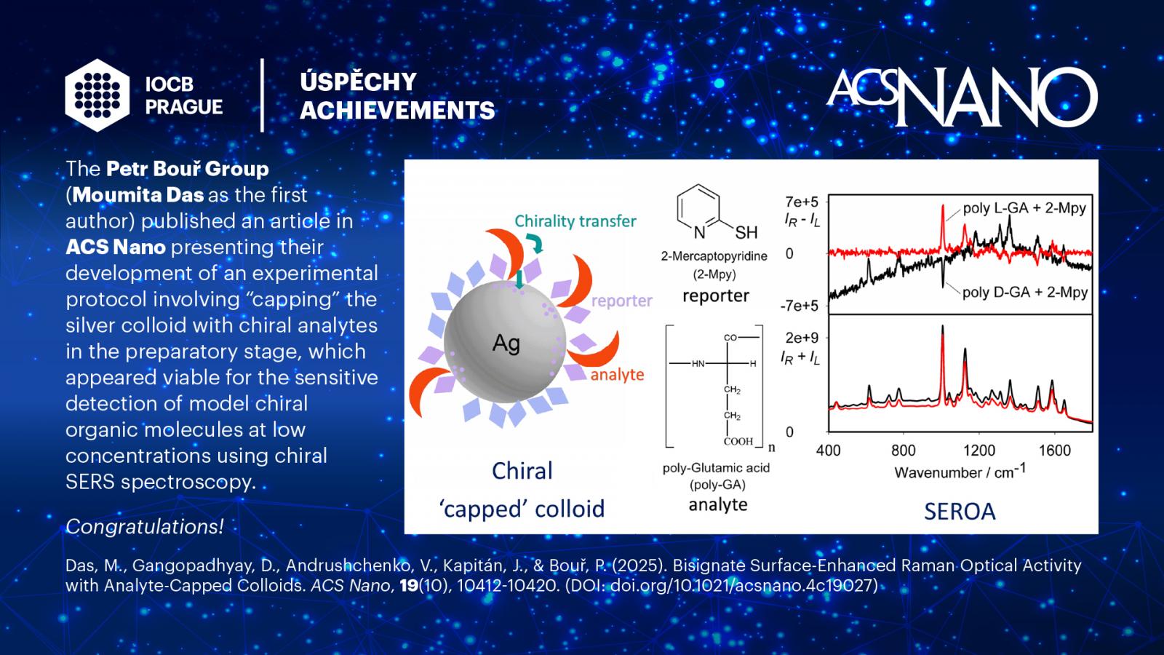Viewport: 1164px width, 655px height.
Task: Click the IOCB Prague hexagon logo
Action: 97,95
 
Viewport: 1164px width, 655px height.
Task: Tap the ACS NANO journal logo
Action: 962,98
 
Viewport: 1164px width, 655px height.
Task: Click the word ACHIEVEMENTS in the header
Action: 397,110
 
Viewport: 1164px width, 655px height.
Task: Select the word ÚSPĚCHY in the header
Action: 358,81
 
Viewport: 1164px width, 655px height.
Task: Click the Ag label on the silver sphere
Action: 506,344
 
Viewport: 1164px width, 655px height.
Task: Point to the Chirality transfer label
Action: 575,221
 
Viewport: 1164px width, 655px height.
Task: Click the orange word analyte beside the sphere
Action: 618,374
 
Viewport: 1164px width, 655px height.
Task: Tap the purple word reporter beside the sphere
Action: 622,301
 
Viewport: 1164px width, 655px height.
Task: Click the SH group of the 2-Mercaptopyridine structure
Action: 746,232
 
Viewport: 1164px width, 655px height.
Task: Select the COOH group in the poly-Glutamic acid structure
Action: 738,441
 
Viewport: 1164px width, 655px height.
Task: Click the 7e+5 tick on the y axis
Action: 801,202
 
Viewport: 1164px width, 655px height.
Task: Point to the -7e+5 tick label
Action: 799,306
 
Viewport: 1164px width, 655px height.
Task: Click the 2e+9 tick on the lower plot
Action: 802,338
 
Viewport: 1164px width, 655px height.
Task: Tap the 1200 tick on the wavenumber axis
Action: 979,450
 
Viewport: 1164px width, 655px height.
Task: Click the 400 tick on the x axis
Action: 829,450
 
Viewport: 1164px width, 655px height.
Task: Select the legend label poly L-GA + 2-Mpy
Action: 1024,208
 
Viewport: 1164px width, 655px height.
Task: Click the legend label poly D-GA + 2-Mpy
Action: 1025,292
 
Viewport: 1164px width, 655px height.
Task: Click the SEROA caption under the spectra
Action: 960,512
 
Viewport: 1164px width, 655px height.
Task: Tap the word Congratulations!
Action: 145,527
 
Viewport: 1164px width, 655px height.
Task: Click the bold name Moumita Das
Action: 138,195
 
